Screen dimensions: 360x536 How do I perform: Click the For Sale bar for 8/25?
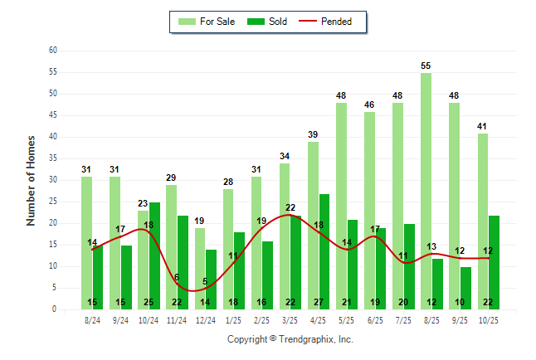pos(426,191)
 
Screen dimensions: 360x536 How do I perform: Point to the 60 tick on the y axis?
pos(53,51)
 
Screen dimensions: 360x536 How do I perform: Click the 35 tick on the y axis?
pos(53,158)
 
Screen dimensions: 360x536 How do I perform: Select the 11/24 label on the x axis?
pos(177,319)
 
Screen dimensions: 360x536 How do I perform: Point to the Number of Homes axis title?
pos(32,180)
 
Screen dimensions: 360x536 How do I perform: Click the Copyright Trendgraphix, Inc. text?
pos(290,339)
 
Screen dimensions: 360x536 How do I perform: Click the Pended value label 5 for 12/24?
pos(206,281)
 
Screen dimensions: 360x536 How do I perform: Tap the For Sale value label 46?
pos(369,105)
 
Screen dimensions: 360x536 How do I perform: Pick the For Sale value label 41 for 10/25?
pos(482,126)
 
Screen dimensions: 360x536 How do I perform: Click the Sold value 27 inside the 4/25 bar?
pos(324,302)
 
